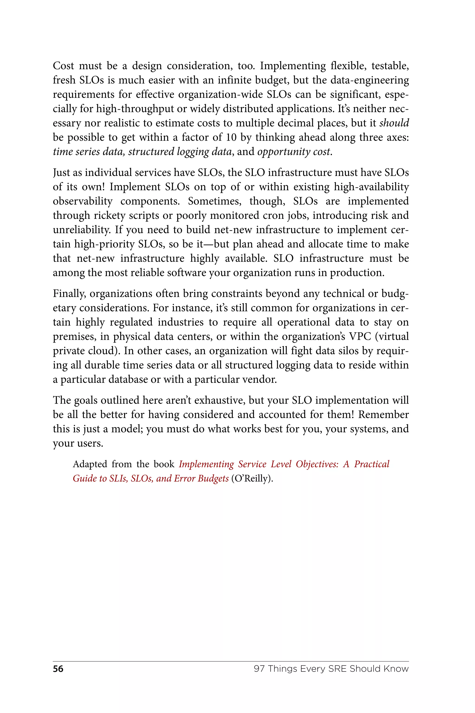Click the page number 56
tap(58, 669)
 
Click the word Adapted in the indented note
tap(90, 464)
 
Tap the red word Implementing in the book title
tap(206, 464)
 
